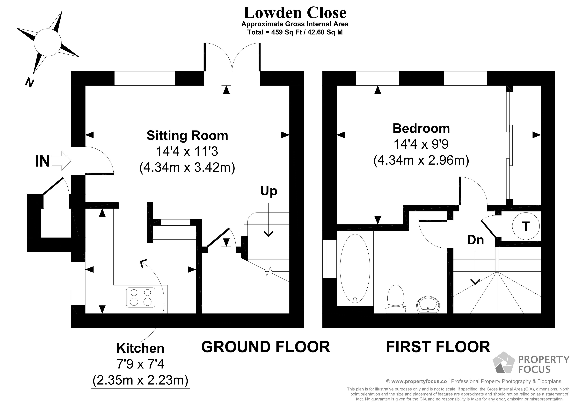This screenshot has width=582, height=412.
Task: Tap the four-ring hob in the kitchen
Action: pyautogui.click(x=140, y=298)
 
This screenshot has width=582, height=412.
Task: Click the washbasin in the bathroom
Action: pyautogui.click(x=428, y=305)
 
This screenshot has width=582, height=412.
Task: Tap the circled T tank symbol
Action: pyautogui.click(x=526, y=226)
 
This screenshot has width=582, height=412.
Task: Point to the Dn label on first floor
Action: pyautogui.click(x=475, y=240)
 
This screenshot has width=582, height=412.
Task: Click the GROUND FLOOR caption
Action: pyautogui.click(x=266, y=347)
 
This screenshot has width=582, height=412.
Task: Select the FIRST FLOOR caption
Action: pyautogui.click(x=438, y=347)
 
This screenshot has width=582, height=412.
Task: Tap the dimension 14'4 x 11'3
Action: pyautogui.click(x=187, y=152)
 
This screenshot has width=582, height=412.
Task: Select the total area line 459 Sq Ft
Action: pyautogui.click(x=295, y=32)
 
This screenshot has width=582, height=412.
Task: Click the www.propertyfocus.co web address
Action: pyautogui.click(x=419, y=381)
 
